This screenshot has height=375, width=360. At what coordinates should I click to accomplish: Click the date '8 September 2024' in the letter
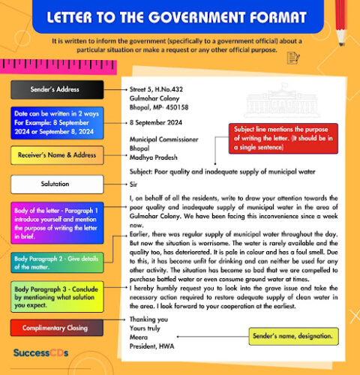(x=155, y=121)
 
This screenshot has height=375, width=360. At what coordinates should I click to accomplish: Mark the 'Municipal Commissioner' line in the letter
(x=163, y=139)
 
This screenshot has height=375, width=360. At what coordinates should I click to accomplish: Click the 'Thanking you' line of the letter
(x=148, y=319)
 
